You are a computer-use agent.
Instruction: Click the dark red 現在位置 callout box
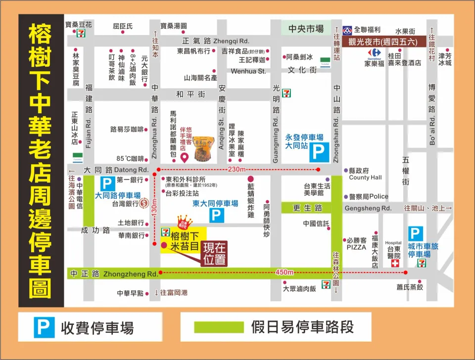[214, 253]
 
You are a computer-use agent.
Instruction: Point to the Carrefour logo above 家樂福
[375, 52]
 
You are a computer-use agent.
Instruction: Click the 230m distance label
[237, 169]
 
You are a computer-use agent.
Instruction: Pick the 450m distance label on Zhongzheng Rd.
[285, 272]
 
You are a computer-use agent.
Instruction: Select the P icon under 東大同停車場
[216, 215]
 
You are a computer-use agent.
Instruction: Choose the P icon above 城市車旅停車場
[416, 234]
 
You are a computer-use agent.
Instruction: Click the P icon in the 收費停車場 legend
[44, 327]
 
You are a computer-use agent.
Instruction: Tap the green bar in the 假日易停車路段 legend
[218, 327]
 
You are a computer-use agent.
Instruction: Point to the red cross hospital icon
[395, 264]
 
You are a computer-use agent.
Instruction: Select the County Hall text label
[365, 178]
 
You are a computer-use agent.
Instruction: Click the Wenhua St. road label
[248, 71]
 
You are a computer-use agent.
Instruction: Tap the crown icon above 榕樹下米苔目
[184, 220]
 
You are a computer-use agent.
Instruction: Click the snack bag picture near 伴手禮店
[203, 148]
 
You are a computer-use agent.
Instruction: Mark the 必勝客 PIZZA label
[356, 243]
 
